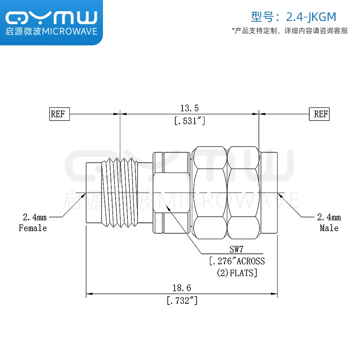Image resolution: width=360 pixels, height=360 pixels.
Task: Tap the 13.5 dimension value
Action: [189, 108]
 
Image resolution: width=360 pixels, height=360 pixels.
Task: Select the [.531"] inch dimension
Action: [189, 121]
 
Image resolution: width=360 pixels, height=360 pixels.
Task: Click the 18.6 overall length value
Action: [181, 288]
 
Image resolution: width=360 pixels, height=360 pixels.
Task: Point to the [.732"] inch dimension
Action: [182, 301]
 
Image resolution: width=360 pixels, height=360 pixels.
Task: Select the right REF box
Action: [319, 114]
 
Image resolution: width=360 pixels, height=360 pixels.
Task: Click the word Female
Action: [33, 228]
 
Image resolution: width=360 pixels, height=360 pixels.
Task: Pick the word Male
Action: [329, 228]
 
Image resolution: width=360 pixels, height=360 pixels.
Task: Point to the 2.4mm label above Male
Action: [329, 217]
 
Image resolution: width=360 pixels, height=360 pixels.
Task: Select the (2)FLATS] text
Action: [237, 273]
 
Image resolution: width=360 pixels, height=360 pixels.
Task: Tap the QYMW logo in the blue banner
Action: [51, 17]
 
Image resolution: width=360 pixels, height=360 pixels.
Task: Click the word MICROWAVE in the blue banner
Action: [70, 32]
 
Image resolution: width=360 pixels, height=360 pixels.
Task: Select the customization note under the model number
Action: [289, 31]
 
